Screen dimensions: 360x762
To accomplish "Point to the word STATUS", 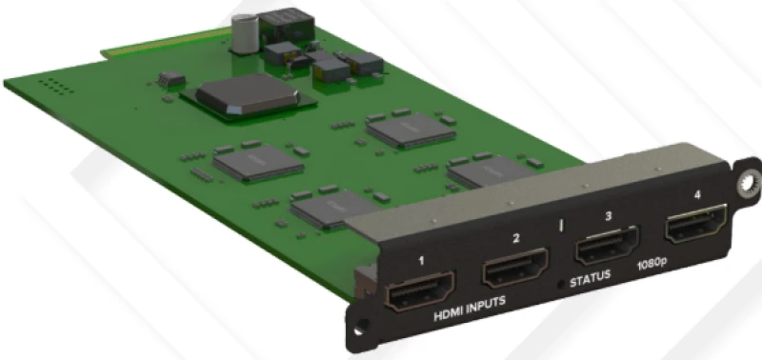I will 590,282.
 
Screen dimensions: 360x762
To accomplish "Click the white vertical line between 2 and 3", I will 562,228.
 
